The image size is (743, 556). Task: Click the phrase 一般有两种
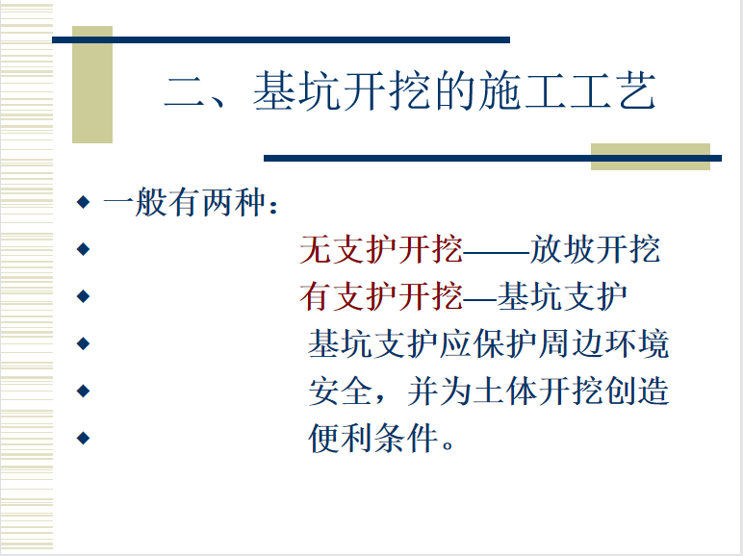pos(184,202)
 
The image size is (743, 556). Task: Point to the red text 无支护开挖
pos(381,249)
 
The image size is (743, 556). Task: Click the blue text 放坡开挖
pos(595,249)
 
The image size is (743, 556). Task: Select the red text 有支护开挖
pos(381,296)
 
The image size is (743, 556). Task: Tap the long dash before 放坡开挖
pos(496,251)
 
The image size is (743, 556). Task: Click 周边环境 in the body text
pos(603,343)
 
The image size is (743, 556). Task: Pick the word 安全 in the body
pos(341,392)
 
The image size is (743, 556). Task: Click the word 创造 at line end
pos(637,392)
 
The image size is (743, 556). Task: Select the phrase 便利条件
pos(372,439)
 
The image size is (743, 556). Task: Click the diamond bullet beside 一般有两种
pos(83,202)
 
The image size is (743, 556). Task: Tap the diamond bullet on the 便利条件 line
pos(83,438)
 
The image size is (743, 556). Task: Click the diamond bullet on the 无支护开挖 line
pos(83,249)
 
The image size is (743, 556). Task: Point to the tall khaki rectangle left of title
pos(92,85)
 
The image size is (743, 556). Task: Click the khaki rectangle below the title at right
pos(651,157)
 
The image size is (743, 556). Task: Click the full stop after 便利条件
pos(447,446)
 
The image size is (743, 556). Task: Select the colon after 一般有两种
pos(273,205)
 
